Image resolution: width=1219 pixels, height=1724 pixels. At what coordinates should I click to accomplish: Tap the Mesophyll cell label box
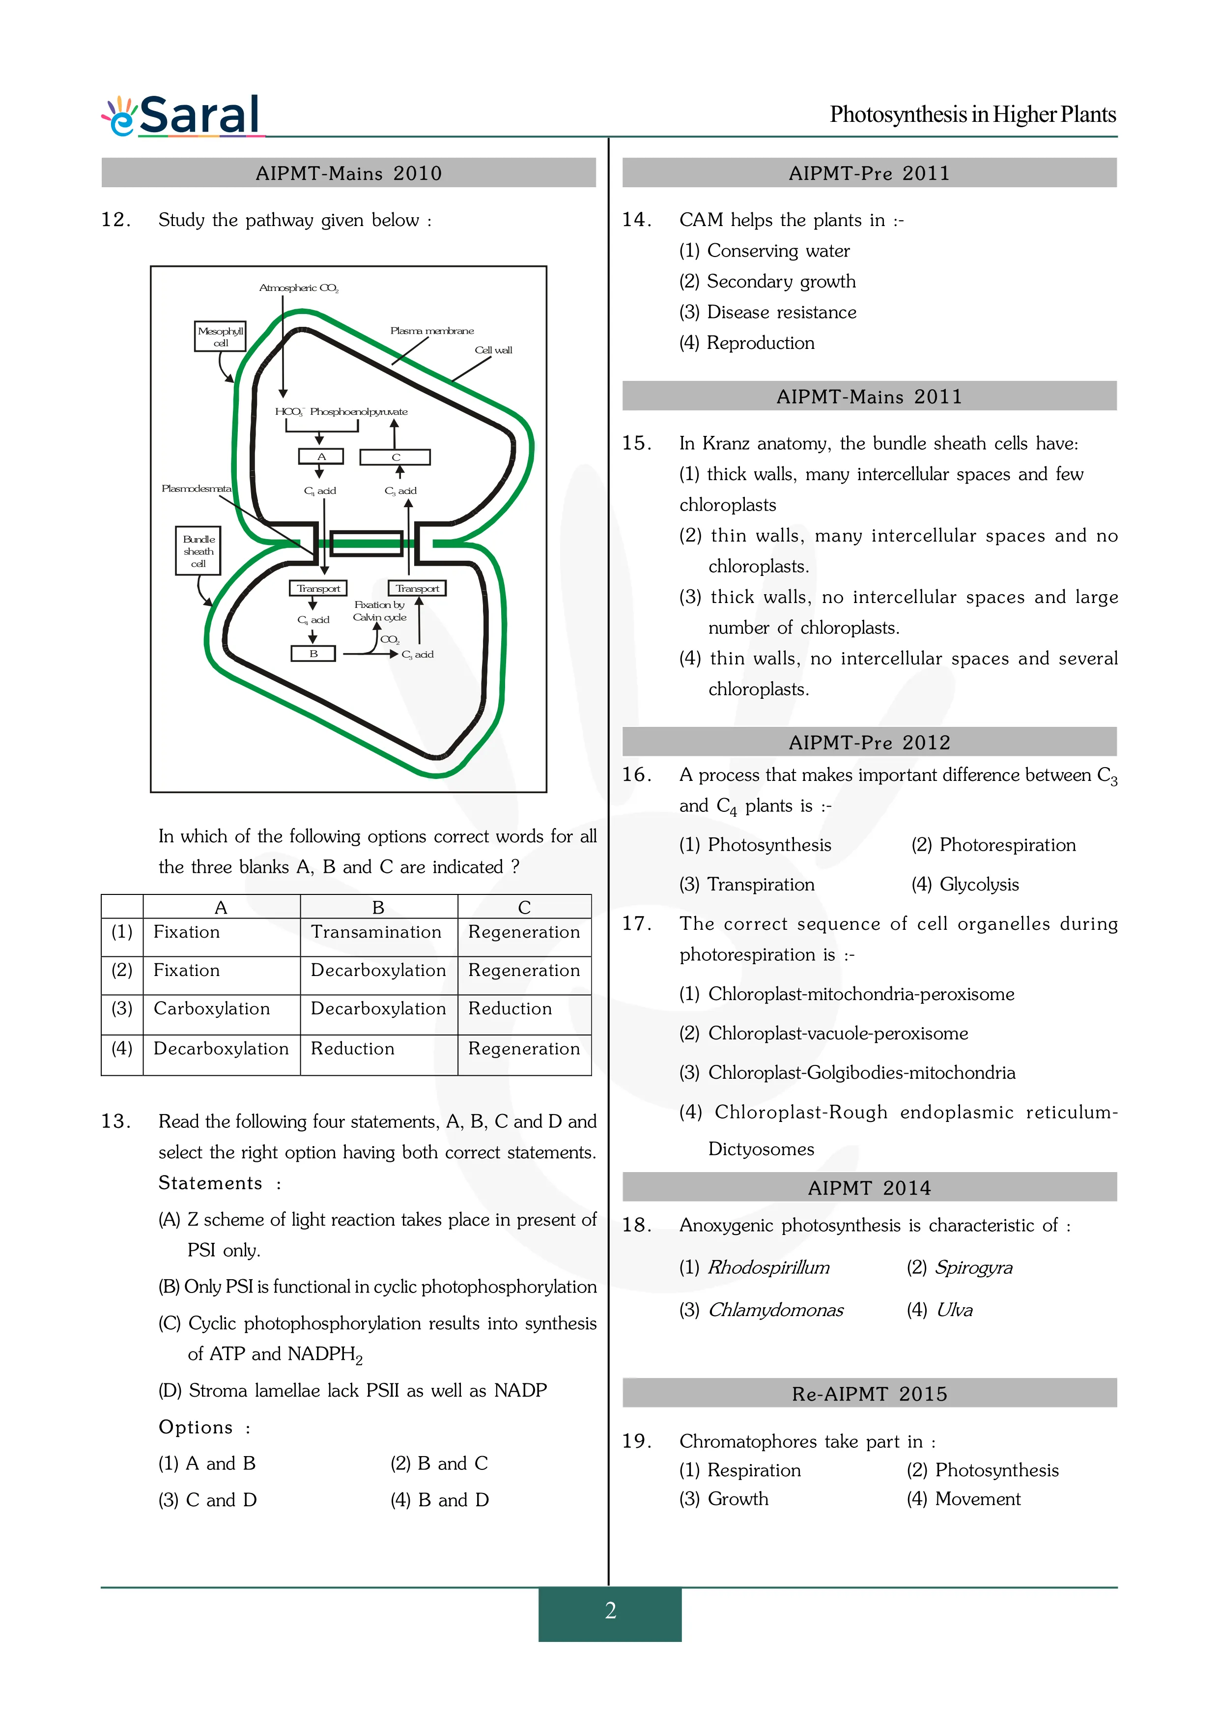220,336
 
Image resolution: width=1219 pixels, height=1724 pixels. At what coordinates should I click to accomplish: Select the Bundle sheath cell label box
198,551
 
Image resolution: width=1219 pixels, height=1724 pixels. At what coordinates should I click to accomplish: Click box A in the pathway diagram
321,457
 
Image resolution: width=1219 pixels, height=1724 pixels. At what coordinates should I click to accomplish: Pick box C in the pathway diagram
396,457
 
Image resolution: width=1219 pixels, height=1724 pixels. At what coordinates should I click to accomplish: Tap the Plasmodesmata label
197,489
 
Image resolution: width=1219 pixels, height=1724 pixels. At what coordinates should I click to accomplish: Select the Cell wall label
493,350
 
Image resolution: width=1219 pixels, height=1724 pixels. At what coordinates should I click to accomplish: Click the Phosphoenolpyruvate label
359,411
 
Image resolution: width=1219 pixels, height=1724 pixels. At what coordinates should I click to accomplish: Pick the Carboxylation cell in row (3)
212,1008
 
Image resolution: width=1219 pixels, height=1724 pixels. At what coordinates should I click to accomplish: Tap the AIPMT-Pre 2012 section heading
869,742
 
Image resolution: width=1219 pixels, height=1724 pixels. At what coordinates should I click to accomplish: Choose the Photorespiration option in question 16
1007,845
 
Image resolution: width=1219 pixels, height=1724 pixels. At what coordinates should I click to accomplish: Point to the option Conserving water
778,251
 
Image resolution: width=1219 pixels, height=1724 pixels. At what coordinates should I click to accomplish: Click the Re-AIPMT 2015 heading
869,1394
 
